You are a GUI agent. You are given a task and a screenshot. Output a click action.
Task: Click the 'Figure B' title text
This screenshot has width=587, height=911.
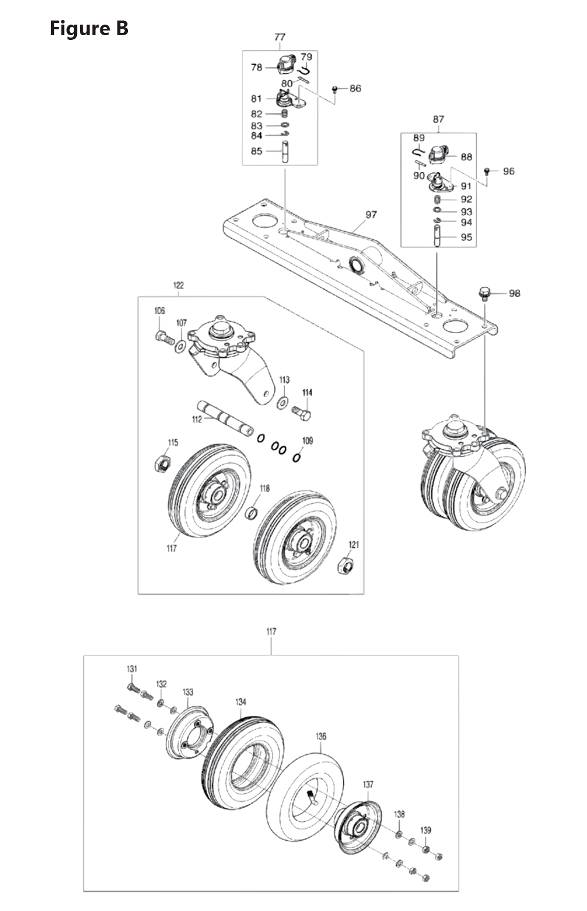pos(89,28)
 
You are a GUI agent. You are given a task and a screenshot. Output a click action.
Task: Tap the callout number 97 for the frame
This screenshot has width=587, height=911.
pos(371,215)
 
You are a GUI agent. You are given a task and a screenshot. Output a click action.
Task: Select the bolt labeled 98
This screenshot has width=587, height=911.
pos(484,293)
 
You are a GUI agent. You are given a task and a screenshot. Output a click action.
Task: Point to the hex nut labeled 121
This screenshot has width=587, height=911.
pos(345,567)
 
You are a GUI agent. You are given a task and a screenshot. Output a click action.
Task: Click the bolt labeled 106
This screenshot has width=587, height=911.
pos(163,337)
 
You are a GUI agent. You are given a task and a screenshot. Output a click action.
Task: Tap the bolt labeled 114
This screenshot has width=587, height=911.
pos(302,412)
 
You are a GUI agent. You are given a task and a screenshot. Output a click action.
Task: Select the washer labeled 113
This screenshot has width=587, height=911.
pos(282,402)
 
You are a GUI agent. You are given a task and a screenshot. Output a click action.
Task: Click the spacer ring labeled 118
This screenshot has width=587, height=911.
pos(252,513)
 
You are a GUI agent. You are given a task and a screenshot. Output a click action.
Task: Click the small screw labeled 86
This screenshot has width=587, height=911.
pos(335,89)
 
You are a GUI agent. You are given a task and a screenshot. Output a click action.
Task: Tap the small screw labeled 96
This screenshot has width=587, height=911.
pos(487,171)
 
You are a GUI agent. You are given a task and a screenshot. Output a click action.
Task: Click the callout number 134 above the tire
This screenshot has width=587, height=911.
pos(240,702)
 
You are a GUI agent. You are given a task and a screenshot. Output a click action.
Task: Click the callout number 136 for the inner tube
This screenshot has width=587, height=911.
pos(321,736)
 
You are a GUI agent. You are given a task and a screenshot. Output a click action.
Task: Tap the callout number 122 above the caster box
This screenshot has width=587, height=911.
pos(178,285)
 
